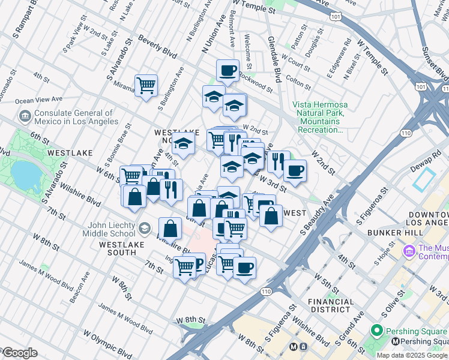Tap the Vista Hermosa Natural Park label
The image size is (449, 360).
pyautogui.click(x=319, y=117)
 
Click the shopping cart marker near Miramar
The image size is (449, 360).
pyautogui.click(x=146, y=86)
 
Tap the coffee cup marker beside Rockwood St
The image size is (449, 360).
pyautogui.click(x=228, y=71)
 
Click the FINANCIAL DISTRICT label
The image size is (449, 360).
pyautogui.click(x=330, y=305)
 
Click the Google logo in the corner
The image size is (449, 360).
pyautogui.click(x=19, y=353)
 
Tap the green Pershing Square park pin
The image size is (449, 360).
pyautogui.click(x=377, y=330)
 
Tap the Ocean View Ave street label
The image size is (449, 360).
pyautogui.click(x=38, y=100)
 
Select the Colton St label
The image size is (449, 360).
pyautogui.click(x=298, y=79)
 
